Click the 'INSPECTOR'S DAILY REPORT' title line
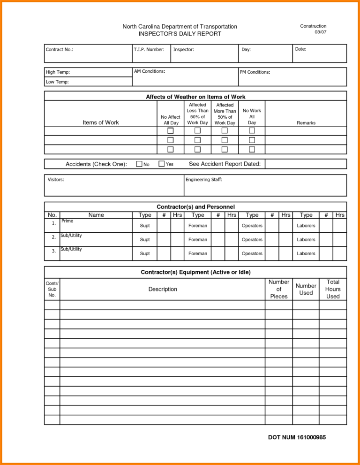click(x=180, y=34)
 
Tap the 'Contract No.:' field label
click(x=60, y=49)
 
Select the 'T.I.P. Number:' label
click(x=149, y=49)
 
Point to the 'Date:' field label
click(x=300, y=49)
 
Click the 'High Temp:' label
click(x=58, y=72)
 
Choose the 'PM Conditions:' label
click(x=255, y=72)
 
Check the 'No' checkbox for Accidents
click(x=139, y=164)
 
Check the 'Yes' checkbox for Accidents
click(x=162, y=164)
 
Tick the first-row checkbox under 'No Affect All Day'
click(x=171, y=130)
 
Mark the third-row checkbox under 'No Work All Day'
click(x=252, y=149)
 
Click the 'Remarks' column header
click(x=306, y=122)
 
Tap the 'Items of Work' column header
click(x=101, y=122)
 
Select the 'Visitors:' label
click(x=56, y=179)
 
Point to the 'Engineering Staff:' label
click(x=204, y=179)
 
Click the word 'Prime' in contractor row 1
click(x=67, y=221)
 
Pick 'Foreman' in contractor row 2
click(x=198, y=240)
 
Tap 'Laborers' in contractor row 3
click(x=306, y=253)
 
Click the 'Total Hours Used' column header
click(x=333, y=289)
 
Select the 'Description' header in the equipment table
click(x=163, y=289)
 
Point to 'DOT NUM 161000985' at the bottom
click(x=297, y=437)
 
